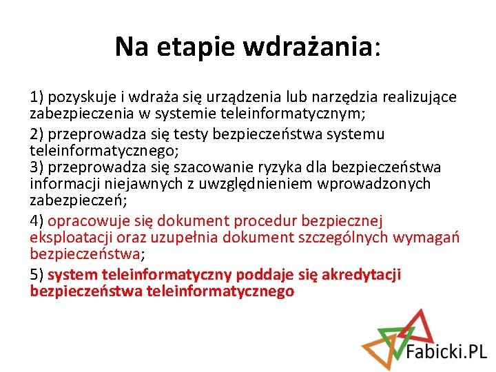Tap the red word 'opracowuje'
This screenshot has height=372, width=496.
[87, 221]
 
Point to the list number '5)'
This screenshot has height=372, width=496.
[37, 275]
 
